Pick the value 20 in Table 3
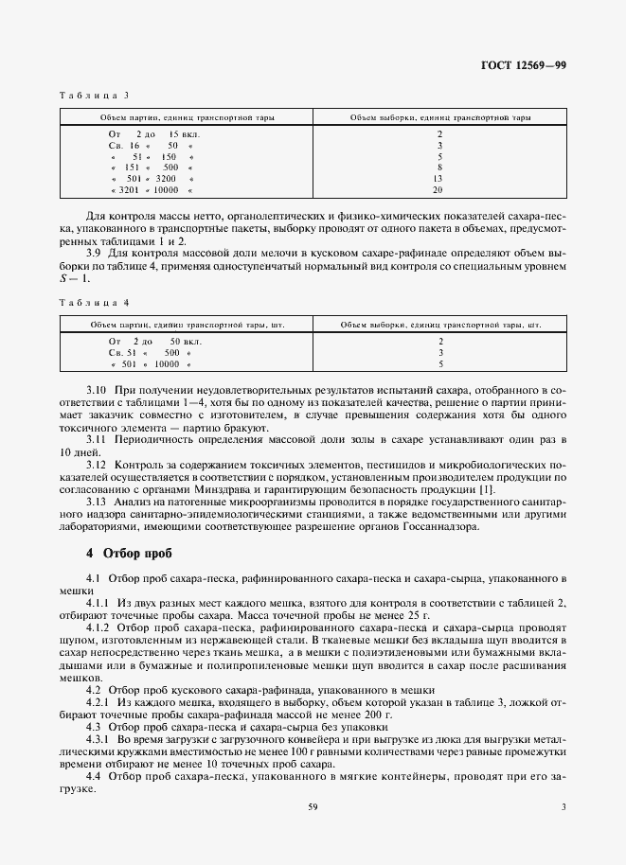[x=438, y=190]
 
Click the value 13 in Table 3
[x=438, y=178]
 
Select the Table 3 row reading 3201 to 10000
[x=152, y=190]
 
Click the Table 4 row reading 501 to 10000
[x=152, y=363]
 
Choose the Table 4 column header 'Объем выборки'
[x=439, y=323]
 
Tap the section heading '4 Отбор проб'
[x=129, y=552]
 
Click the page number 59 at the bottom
[x=313, y=833]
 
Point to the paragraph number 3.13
[x=97, y=501]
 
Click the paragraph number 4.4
[x=94, y=775]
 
